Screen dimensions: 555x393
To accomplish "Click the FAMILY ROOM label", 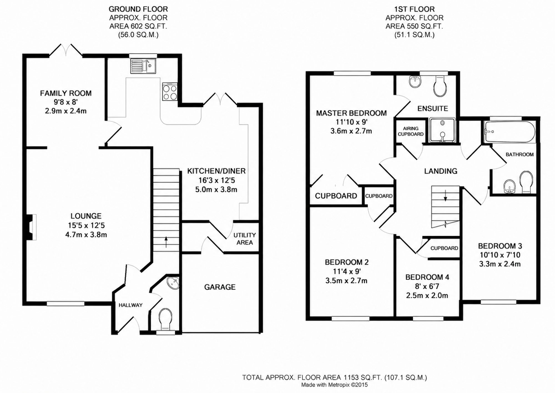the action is pos(66,93).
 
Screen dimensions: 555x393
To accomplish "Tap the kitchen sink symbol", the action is pos(143,66).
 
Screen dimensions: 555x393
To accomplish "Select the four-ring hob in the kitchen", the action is pos(170,92).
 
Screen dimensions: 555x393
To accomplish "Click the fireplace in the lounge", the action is pos(31,227).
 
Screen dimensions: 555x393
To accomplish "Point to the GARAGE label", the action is pos(220,287).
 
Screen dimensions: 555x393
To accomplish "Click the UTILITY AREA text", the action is pos(244,239).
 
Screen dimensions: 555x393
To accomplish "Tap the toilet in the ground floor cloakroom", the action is pos(165,319).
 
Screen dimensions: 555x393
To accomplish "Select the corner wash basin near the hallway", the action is pos(173,283).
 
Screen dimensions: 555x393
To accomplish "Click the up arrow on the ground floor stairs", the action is pos(166,242).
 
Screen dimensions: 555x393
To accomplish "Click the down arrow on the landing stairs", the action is pos(445,195).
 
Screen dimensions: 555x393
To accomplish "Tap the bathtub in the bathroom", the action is pos(509,132).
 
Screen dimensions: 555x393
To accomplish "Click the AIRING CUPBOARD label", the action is pos(411,131).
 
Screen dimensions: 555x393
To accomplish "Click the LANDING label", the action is pos(441,171).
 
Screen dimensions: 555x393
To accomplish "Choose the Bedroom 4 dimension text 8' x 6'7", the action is pos(427,286).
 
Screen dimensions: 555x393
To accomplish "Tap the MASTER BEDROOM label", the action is pos(351,113).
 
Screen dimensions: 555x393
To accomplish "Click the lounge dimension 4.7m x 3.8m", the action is pos(86,235).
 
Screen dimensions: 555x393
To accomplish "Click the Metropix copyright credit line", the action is pos(334,385).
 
